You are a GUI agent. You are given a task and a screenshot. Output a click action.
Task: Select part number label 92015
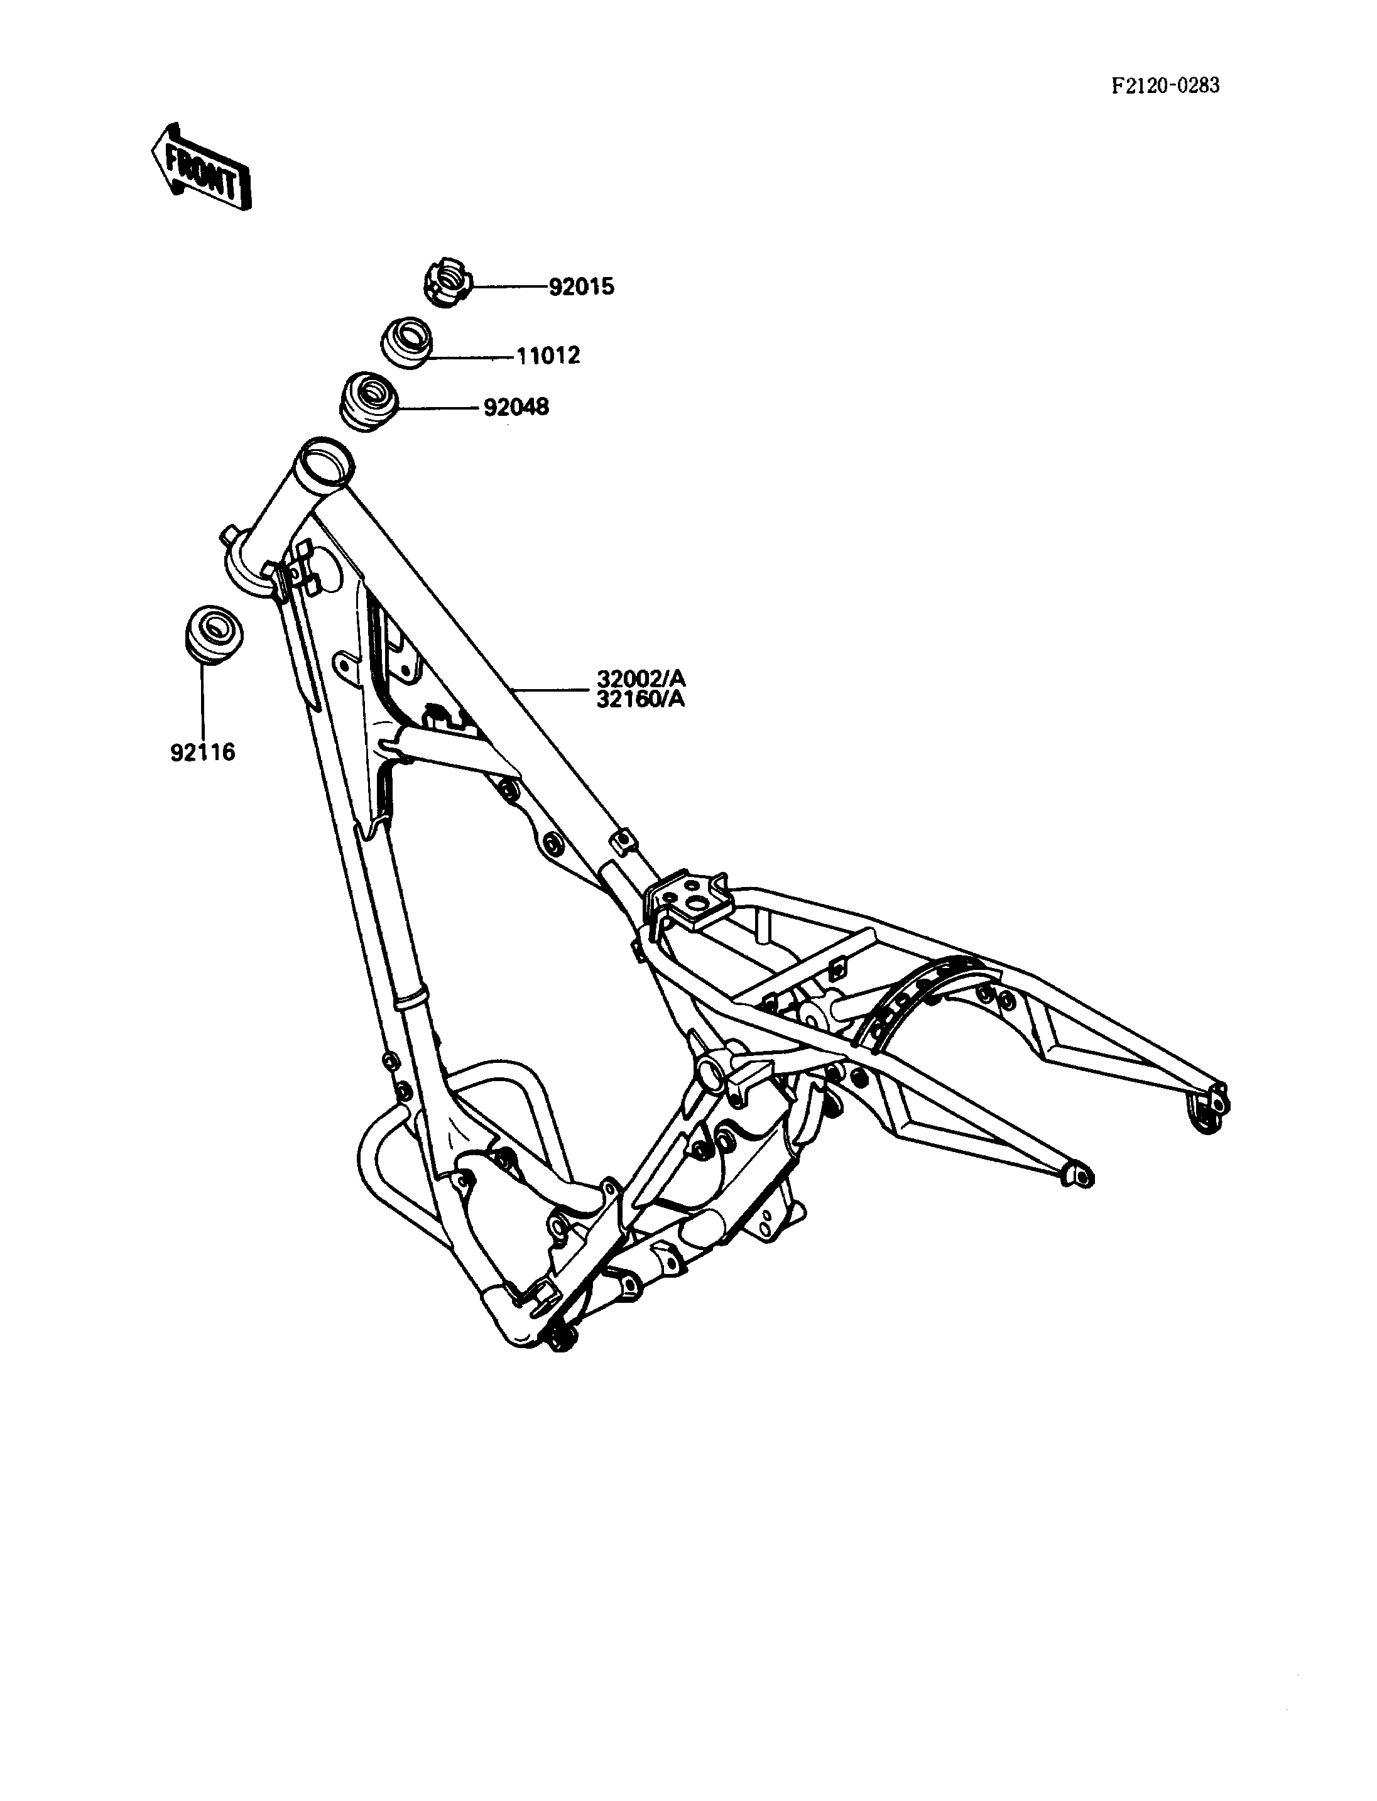[x=581, y=288]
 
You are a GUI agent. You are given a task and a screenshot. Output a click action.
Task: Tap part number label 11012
[x=548, y=356]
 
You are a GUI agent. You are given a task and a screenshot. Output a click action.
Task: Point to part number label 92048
[x=516, y=406]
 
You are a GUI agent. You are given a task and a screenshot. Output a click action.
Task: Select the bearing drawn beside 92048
[x=369, y=400]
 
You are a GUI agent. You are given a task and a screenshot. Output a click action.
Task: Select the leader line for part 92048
[x=438, y=408]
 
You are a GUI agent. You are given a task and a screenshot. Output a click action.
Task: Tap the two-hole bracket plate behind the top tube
[x=687, y=900]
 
